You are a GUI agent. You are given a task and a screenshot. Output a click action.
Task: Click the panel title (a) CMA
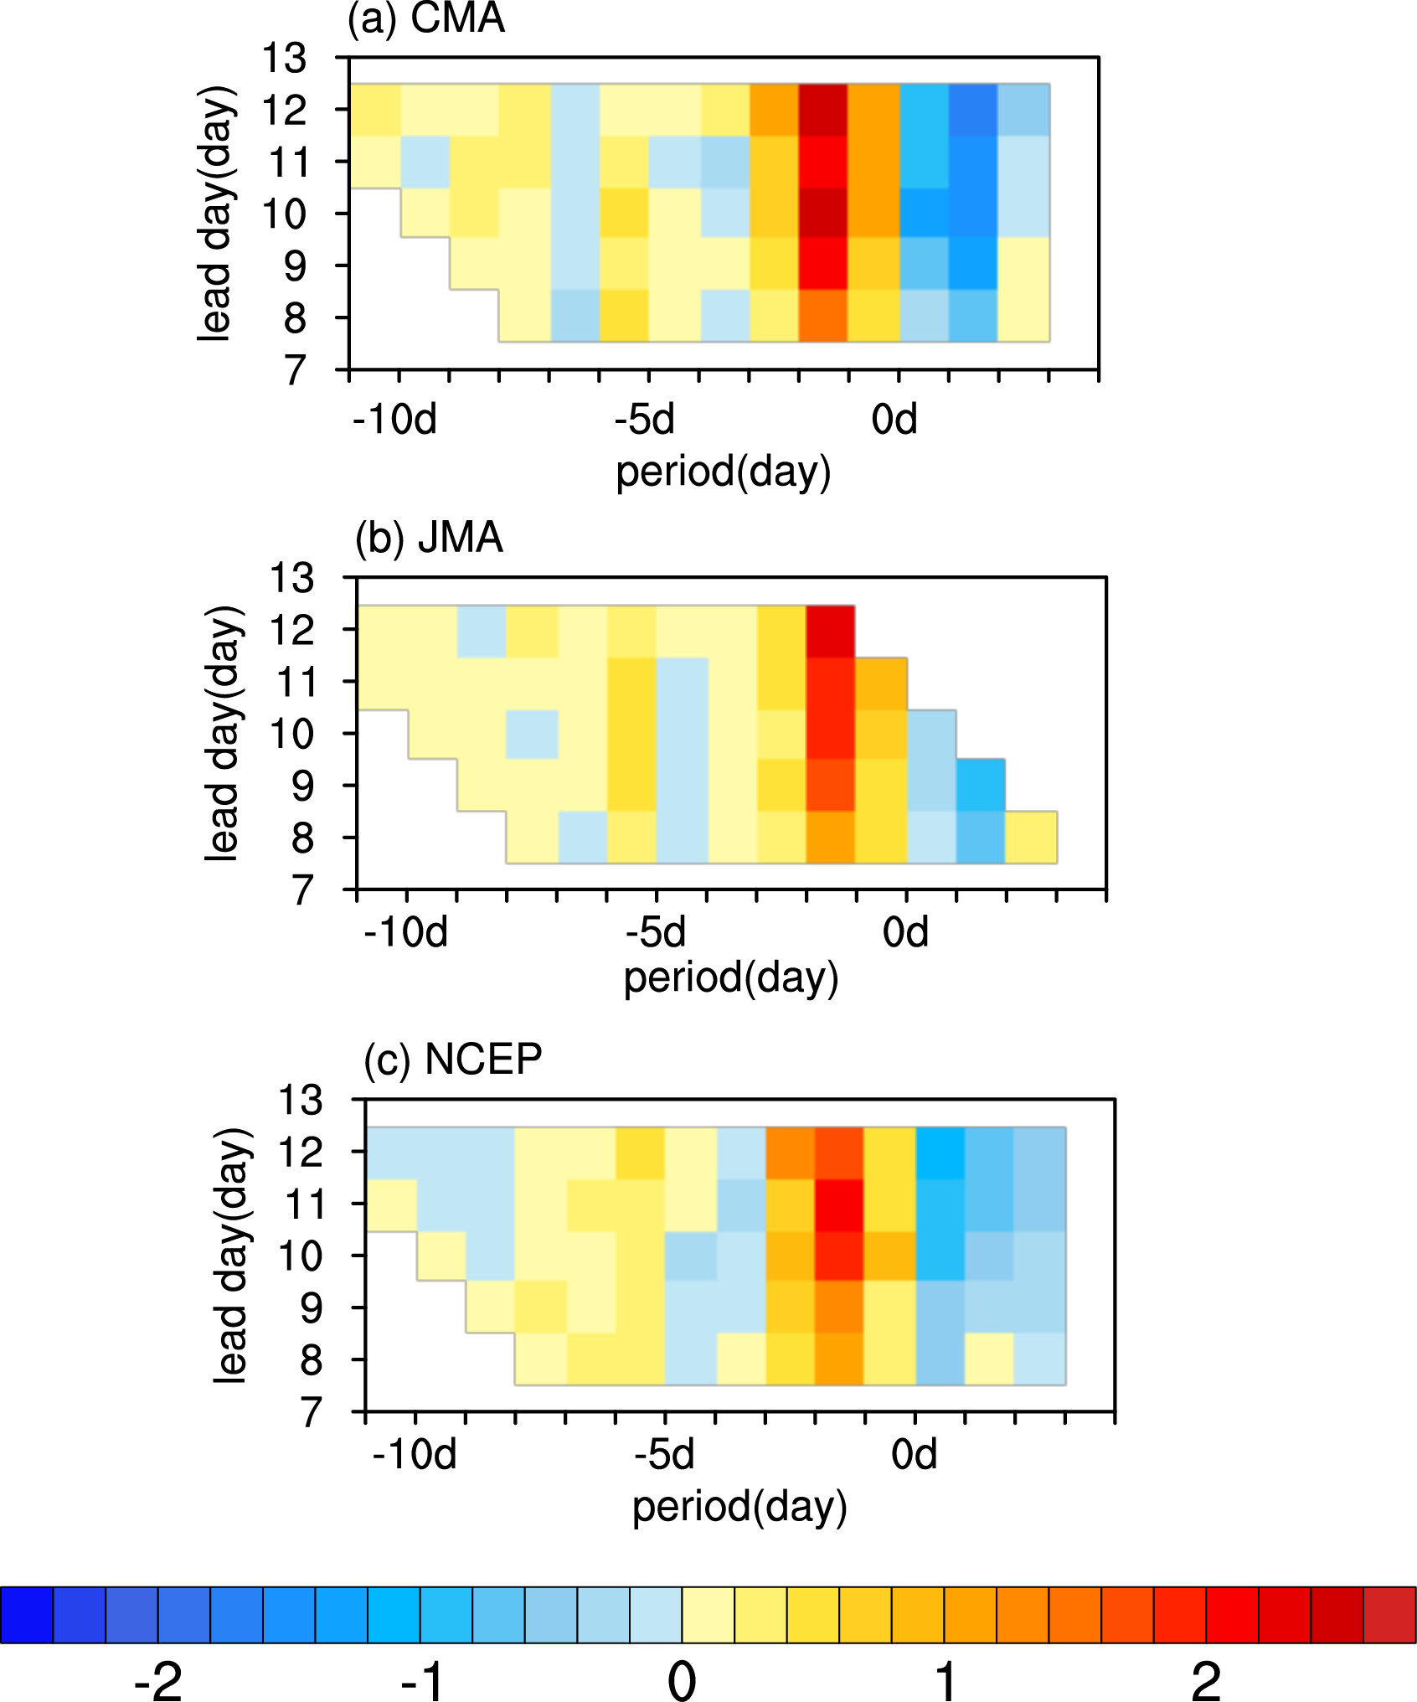pos(426,18)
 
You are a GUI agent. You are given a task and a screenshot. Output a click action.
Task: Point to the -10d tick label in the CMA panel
pos(395,419)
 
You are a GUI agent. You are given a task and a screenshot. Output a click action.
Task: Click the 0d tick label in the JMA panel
pos(905,931)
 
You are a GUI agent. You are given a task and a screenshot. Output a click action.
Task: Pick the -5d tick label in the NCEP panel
pos(664,1454)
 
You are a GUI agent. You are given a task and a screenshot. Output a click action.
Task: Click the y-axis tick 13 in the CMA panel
pos(285,59)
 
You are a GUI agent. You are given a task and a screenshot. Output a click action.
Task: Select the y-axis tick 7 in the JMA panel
pos(302,890)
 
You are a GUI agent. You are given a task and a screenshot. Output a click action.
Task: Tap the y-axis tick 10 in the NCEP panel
pos(300,1256)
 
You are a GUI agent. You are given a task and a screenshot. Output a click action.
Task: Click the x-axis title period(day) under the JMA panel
pos(731,977)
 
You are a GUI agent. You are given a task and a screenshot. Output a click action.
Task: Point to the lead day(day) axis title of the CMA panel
pos(215,213)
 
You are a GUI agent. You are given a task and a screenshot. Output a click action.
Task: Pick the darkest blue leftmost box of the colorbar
pos(27,1614)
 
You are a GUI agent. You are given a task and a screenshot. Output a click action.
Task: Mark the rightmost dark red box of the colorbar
pos(1389,1614)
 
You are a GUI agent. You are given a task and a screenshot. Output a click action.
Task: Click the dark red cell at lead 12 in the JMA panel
pos(831,631)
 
